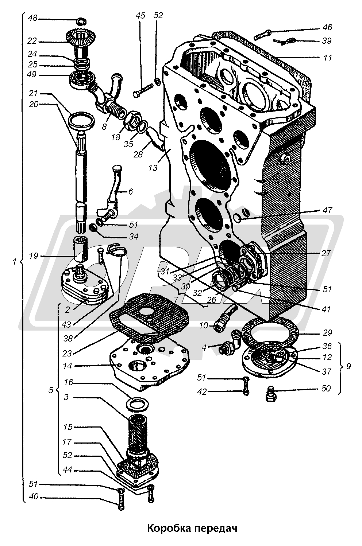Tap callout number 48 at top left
coord(32,18)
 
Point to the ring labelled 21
coord(81,120)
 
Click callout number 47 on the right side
coord(327,210)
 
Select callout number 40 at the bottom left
coord(34,496)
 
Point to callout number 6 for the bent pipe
coord(131,192)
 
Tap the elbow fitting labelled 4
coord(231,343)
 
